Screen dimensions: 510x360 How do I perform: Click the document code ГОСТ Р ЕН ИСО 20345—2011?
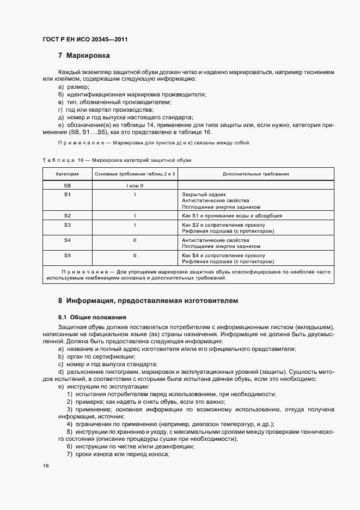[x=84, y=40]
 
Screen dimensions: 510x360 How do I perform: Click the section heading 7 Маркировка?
[x=84, y=56]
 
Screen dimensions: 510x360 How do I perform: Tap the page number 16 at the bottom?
[x=46, y=466]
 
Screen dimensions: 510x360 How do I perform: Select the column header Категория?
[x=68, y=174]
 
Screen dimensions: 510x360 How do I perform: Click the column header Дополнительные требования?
[x=255, y=174]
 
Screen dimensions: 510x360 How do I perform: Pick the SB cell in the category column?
[x=68, y=185]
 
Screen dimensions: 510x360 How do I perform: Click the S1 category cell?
[x=68, y=194]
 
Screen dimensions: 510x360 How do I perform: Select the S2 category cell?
[x=68, y=216]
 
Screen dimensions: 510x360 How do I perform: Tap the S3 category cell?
[x=68, y=224]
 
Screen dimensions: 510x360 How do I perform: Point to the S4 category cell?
[x=68, y=240]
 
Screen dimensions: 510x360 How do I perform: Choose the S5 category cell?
[x=68, y=255]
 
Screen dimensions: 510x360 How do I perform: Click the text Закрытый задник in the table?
[x=204, y=194]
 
